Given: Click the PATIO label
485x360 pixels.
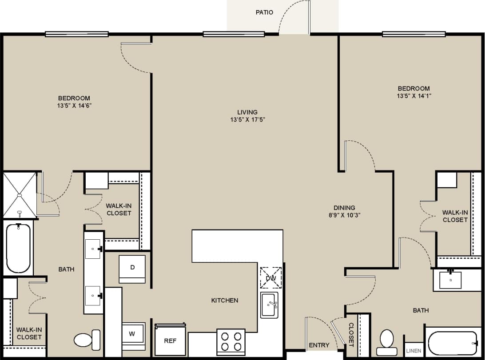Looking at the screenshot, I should (264, 12).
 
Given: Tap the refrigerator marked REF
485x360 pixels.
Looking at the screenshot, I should (170, 340).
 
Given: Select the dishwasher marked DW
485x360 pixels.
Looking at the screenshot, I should (271, 278).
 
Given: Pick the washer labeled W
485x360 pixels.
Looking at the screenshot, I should (133, 334).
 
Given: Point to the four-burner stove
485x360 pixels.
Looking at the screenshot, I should (231, 342).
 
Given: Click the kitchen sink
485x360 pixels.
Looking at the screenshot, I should (269, 305).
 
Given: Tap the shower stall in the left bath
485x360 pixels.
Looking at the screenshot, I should (20, 195).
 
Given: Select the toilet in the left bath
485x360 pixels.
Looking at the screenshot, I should (86, 340).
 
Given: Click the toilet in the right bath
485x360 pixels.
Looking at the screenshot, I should (387, 339).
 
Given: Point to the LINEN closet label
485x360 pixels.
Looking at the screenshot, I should (413, 351).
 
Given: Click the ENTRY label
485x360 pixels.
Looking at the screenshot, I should (319, 345).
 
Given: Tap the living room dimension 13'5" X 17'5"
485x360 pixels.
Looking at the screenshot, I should (247, 119).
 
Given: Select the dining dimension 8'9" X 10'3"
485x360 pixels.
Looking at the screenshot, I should (344, 215).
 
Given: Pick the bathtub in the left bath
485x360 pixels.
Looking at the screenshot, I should (18, 248).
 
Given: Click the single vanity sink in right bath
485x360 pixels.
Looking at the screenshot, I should (450, 280).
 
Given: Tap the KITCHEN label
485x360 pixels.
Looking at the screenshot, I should (224, 301).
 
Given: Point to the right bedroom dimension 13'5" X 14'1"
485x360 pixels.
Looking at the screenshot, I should (414, 95).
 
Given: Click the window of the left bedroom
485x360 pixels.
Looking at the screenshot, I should (77, 34).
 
